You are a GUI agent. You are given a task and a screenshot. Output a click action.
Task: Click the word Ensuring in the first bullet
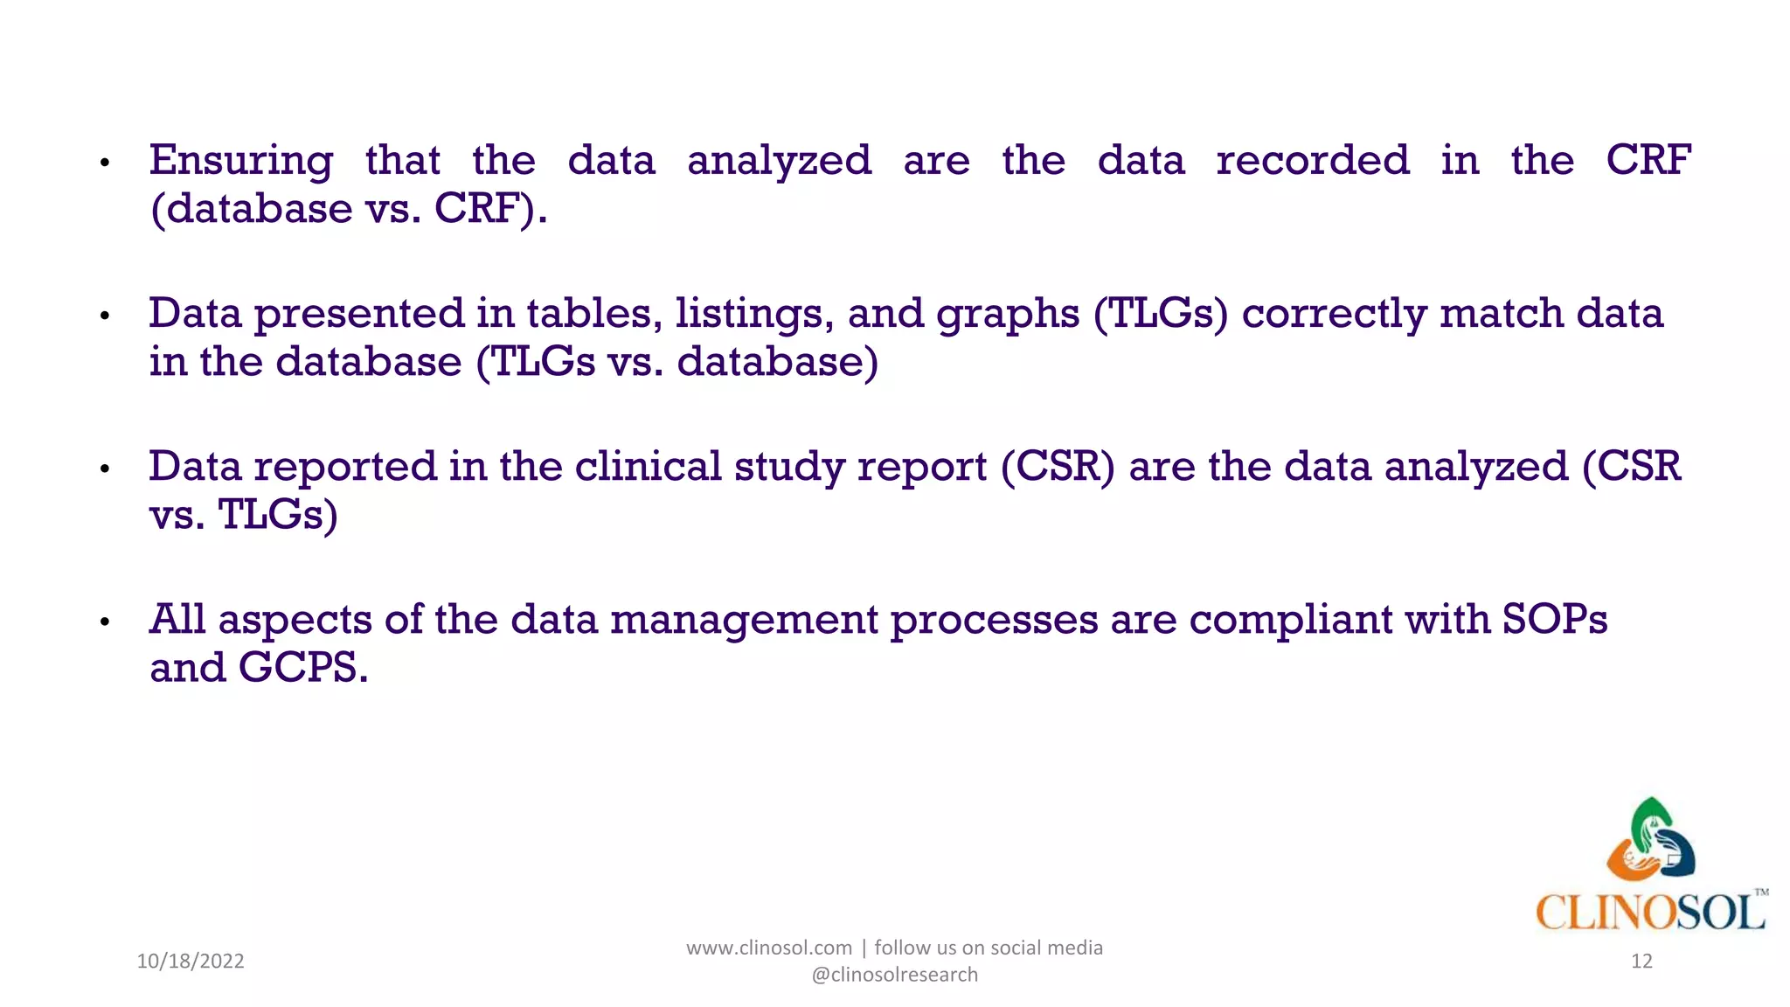click(x=240, y=162)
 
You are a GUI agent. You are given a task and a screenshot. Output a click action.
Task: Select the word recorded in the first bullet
click(x=1312, y=161)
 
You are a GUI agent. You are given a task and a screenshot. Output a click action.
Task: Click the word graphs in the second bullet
click(x=1008, y=315)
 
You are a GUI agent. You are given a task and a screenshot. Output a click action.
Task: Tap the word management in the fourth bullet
click(x=744, y=621)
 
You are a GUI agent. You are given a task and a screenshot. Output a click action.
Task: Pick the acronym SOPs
click(x=1555, y=620)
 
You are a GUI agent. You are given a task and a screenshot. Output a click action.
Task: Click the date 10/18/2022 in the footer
click(x=191, y=962)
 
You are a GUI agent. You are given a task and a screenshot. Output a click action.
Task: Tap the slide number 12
click(x=1641, y=962)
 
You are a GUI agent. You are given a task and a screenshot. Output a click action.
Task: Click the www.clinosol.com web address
click(x=768, y=948)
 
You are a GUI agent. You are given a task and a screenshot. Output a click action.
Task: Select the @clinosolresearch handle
click(x=894, y=975)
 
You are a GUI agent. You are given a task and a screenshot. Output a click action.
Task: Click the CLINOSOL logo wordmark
click(x=1649, y=913)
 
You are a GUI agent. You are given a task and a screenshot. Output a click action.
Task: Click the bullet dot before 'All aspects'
click(x=105, y=622)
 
